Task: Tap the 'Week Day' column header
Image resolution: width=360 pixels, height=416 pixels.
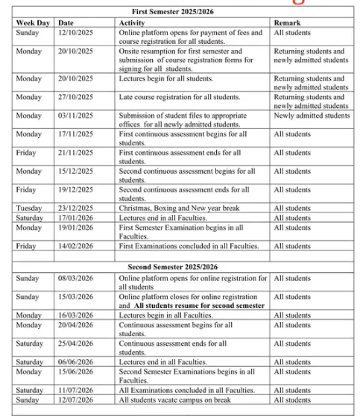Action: [x=33, y=23]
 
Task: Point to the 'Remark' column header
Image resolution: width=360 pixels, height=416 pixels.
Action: [x=287, y=23]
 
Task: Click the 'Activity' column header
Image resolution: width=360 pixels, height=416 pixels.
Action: [x=132, y=23]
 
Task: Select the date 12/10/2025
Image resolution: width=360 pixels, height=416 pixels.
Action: [x=75, y=33]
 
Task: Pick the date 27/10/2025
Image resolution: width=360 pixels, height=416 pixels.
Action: [x=75, y=97]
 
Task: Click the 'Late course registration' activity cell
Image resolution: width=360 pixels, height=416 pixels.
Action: [x=180, y=97]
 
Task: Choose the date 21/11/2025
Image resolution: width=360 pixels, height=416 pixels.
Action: [x=75, y=153]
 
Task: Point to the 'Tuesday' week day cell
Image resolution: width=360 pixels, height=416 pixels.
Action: [x=30, y=208]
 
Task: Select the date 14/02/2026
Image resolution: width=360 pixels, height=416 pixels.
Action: [x=75, y=245]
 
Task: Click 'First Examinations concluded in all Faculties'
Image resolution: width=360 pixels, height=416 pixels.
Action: [x=189, y=245]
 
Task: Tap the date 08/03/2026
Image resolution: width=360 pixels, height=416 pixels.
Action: [x=75, y=278]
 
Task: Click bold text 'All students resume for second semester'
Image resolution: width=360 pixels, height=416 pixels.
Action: [x=199, y=306]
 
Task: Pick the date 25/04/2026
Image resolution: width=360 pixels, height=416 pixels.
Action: [x=75, y=343]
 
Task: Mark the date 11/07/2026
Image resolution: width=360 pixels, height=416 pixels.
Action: [x=75, y=390]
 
